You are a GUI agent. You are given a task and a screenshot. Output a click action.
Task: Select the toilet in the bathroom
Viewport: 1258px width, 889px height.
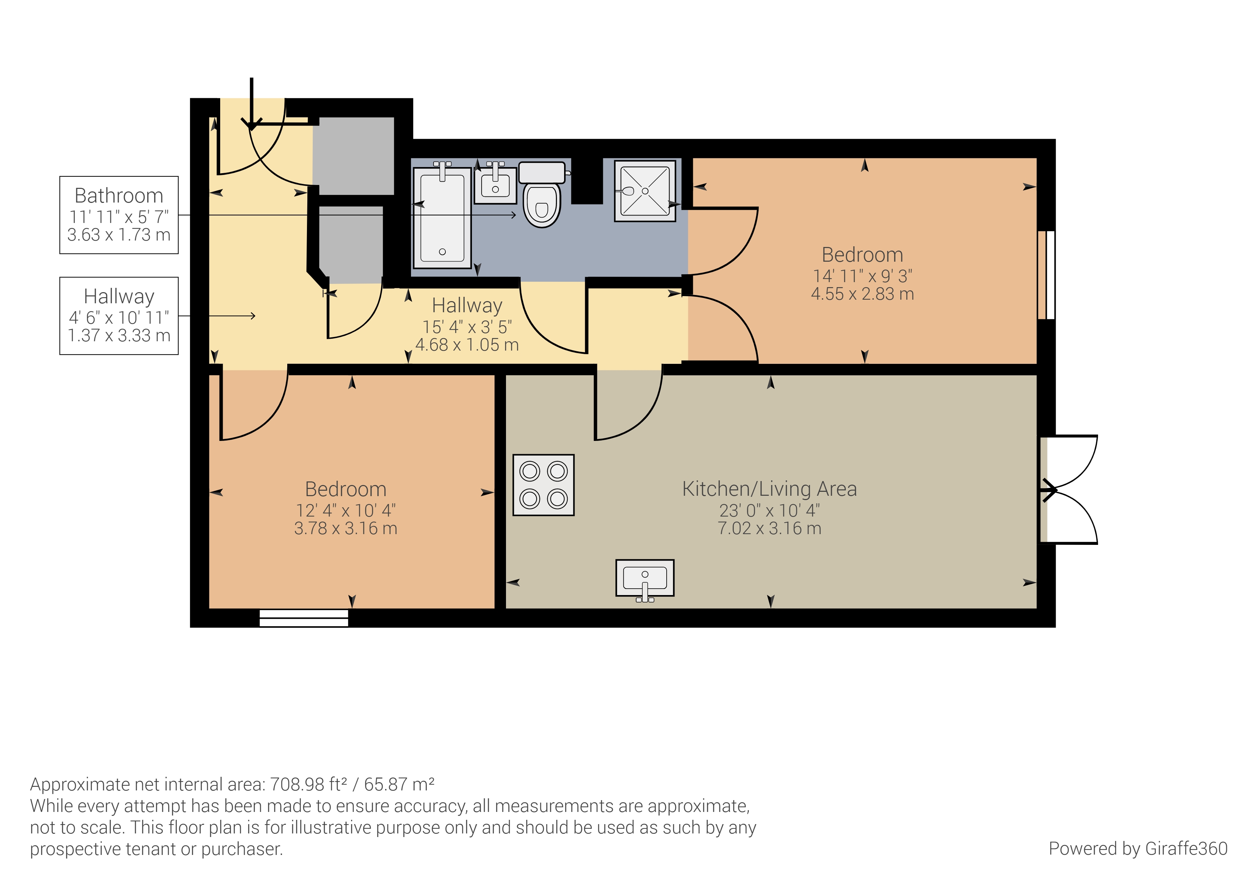[x=542, y=194]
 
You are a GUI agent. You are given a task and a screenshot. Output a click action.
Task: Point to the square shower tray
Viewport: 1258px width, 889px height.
[x=645, y=191]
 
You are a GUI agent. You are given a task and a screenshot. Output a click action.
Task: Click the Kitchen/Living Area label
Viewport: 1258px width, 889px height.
[x=769, y=489]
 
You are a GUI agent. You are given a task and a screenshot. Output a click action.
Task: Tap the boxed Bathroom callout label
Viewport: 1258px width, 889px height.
[x=119, y=215]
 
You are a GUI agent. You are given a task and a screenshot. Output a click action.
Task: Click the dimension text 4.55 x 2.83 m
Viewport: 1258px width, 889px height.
[x=862, y=294]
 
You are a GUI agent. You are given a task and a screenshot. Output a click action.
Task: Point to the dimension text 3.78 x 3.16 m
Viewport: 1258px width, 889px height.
[x=346, y=529]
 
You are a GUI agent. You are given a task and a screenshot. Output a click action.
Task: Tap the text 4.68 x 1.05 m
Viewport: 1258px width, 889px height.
[x=467, y=345]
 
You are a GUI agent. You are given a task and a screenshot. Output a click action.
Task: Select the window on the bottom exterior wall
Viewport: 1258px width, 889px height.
[x=303, y=618]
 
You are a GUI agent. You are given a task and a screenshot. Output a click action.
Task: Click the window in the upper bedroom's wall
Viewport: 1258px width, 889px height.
[x=1046, y=275]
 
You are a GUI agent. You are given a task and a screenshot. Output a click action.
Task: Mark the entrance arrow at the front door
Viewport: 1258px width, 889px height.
[x=251, y=104]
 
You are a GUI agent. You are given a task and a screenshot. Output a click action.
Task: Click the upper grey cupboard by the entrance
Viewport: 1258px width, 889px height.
[x=353, y=156]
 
